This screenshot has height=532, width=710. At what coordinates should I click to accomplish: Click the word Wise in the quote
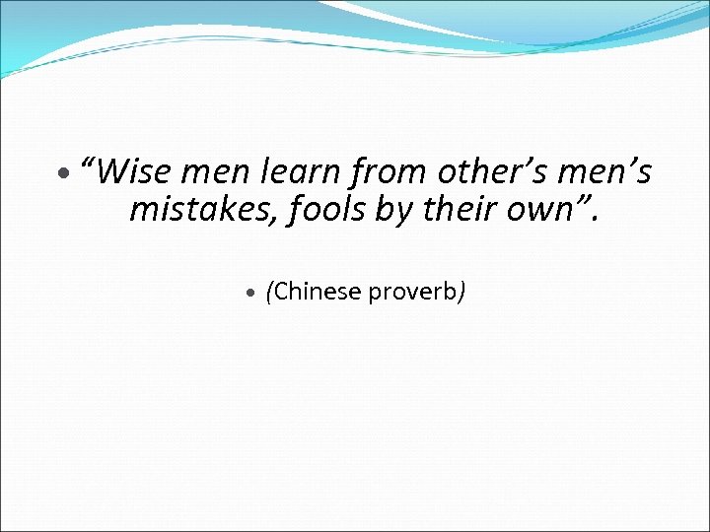(x=136, y=172)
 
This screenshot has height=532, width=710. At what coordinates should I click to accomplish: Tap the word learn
(x=299, y=172)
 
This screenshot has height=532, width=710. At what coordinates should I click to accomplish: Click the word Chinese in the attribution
(x=318, y=292)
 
